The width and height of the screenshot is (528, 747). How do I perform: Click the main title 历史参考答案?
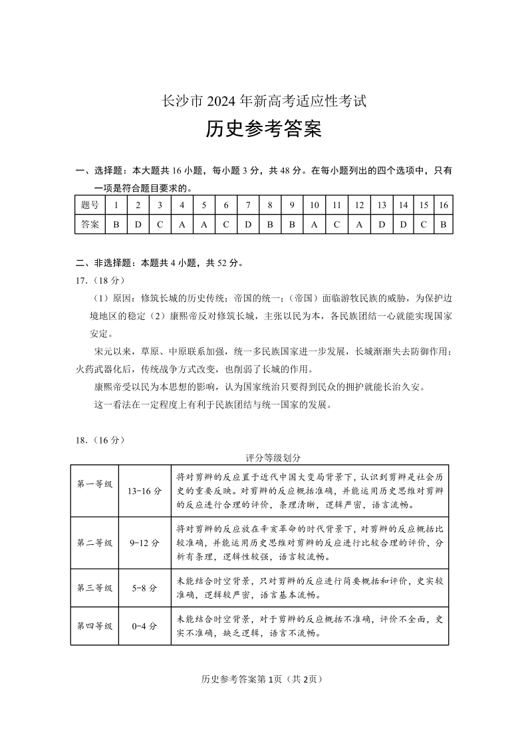[x=263, y=129]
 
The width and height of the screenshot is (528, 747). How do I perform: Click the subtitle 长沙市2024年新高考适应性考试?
[x=264, y=102]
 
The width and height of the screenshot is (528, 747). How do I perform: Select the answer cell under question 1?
[x=116, y=224]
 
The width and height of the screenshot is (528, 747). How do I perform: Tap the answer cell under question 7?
[x=247, y=224]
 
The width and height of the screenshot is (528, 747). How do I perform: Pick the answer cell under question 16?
[x=443, y=224]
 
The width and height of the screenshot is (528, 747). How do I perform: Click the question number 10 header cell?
[x=314, y=205]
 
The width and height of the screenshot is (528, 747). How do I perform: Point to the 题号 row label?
[x=89, y=205]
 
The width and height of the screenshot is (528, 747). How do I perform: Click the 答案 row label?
[x=89, y=224]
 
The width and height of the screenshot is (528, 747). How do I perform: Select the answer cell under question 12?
[x=359, y=224]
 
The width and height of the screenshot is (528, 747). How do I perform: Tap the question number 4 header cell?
[x=182, y=205]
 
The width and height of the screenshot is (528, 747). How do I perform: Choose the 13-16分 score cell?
[x=144, y=491]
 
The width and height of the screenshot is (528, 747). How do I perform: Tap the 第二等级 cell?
[x=94, y=542]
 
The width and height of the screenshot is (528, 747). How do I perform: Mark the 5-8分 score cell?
[x=144, y=588]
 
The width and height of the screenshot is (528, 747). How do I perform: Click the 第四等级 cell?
[x=94, y=626]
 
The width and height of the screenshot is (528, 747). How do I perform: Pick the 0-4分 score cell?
[x=144, y=626]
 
